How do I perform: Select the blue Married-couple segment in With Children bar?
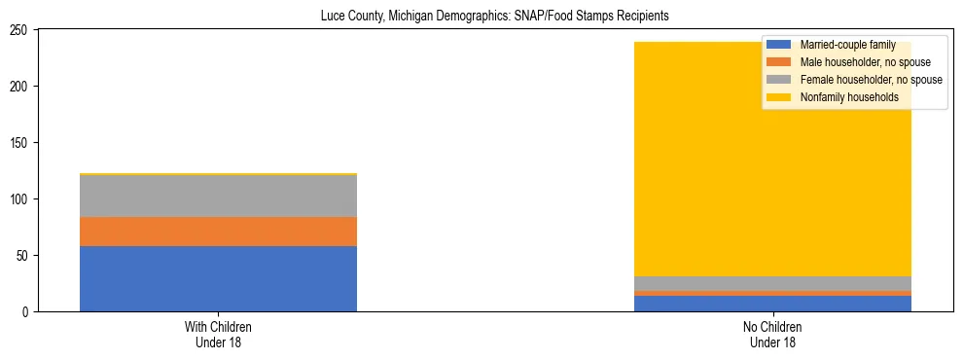[218, 278]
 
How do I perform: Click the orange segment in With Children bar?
[218, 232]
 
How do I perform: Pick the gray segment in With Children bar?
[218, 196]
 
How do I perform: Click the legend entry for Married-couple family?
[847, 45]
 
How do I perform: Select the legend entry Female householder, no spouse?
[871, 80]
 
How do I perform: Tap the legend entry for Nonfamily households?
[849, 97]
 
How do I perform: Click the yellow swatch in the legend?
[779, 97]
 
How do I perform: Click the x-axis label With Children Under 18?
[218, 335]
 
